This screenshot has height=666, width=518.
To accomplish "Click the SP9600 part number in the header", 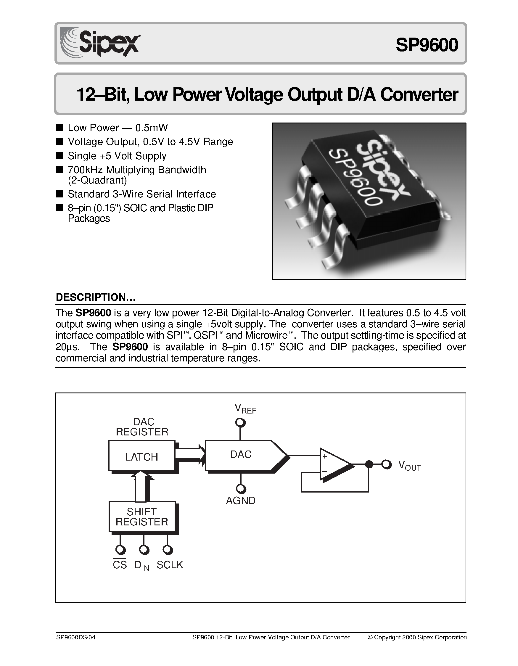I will (427, 45).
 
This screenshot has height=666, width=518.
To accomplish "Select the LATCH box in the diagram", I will (141, 457).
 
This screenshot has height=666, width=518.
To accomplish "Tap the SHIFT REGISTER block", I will (142, 517).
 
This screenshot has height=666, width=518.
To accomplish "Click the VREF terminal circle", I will (241, 423).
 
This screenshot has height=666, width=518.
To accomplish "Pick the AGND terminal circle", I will (241, 489).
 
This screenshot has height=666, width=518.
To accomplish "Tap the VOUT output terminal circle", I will (387, 465).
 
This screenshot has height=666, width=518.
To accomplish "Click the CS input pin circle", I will (120, 550).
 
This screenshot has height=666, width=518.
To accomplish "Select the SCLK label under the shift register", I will (170, 565).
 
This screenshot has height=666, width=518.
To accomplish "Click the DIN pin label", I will (142, 566).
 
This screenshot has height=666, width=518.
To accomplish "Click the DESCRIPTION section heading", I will (95, 297).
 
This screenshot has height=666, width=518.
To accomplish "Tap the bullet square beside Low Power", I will (60, 128).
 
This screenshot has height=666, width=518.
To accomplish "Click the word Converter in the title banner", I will (419, 95).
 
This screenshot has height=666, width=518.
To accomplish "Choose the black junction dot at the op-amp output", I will (369, 465).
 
